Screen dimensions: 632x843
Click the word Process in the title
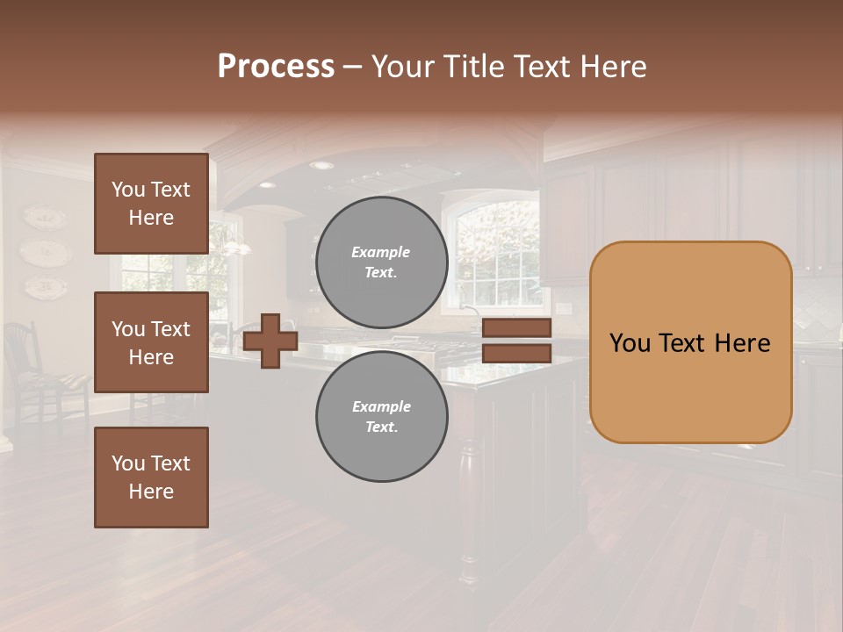point(276,67)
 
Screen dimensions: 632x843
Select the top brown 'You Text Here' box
point(151,204)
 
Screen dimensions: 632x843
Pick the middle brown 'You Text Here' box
point(151,342)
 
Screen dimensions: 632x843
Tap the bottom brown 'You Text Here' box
point(151,478)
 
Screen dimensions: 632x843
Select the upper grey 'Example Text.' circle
point(381,262)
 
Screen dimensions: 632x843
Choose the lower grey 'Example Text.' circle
point(381,416)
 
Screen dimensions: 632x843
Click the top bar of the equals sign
point(516,328)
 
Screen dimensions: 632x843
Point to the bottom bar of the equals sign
point(516,353)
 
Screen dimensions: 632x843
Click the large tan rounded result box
point(690,342)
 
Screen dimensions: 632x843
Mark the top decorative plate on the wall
point(43,218)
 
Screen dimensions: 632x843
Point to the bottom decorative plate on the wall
point(43,285)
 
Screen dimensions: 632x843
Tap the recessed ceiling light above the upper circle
point(321,165)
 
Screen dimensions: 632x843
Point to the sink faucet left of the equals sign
point(471,316)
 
